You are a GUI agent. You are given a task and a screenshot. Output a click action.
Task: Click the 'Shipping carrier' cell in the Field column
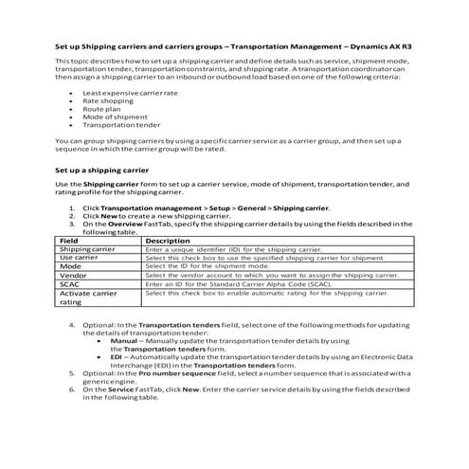(87, 249)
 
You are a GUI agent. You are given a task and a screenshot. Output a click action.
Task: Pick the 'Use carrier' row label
(80, 258)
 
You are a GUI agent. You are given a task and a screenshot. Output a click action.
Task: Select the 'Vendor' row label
(72, 275)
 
